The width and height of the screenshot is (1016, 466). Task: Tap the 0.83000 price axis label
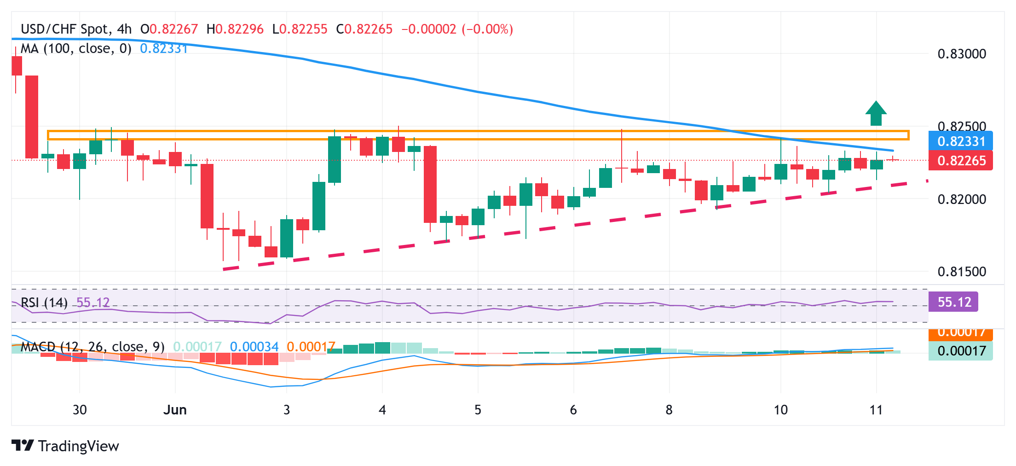click(962, 54)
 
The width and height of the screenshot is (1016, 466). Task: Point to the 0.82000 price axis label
click(962, 199)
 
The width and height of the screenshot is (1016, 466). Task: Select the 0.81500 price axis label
click(962, 272)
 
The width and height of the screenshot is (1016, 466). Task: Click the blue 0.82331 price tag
click(961, 141)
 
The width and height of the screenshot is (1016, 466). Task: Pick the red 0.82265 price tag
click(961, 161)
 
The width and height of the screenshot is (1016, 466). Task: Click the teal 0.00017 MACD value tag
click(961, 351)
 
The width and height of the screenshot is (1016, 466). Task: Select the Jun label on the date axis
click(175, 410)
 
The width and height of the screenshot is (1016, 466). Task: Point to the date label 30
click(80, 410)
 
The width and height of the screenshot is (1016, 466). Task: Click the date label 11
click(876, 410)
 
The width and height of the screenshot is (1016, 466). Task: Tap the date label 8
click(669, 410)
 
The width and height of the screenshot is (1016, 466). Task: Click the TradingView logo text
click(65, 446)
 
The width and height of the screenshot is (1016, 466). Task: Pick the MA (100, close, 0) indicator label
click(76, 49)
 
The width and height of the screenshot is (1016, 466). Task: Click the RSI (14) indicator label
click(44, 303)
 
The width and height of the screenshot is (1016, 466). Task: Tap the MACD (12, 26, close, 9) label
click(92, 347)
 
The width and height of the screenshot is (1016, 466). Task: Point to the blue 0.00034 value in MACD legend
click(254, 347)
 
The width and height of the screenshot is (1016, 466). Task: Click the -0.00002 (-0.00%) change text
click(457, 29)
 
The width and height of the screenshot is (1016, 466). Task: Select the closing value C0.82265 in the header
click(364, 29)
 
